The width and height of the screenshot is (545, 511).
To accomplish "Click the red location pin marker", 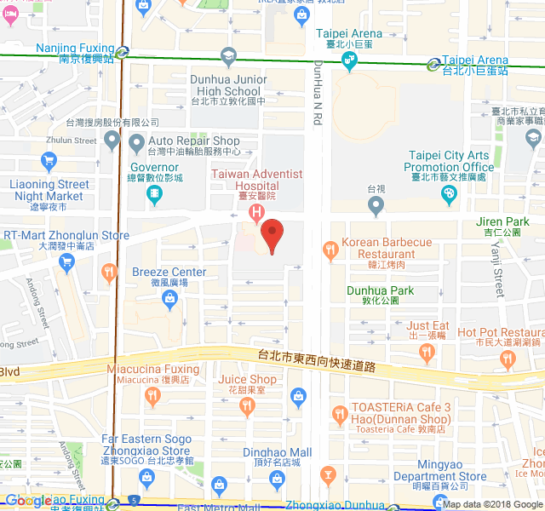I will (x=272, y=233).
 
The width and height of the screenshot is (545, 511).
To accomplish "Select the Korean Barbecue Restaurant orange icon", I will (x=330, y=250).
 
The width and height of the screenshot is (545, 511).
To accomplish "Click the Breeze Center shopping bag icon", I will (x=169, y=298).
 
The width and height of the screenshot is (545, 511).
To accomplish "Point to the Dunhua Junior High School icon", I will (x=227, y=58).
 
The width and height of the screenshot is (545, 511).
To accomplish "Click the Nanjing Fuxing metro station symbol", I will (x=123, y=51).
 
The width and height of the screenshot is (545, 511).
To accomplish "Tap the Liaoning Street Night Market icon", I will (x=49, y=160).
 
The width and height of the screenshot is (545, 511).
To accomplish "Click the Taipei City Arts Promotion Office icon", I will (x=449, y=195).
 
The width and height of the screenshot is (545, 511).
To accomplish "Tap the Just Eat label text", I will (x=427, y=325).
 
